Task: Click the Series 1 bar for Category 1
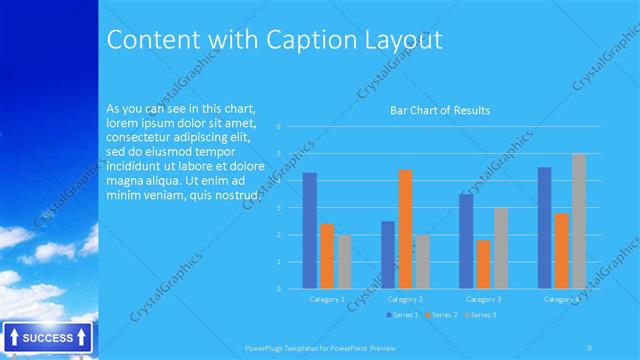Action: pos(310,231)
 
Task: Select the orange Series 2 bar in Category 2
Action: pos(404,229)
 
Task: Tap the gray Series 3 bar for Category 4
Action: pos(579,221)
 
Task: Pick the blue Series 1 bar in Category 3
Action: pos(466,241)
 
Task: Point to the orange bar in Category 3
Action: pos(483,264)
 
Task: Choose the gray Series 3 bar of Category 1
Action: pos(344,262)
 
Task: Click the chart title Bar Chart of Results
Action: pos(439,110)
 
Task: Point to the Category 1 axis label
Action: pos(326,299)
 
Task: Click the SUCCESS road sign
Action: pos(47,338)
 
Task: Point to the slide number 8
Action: pos(589,347)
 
